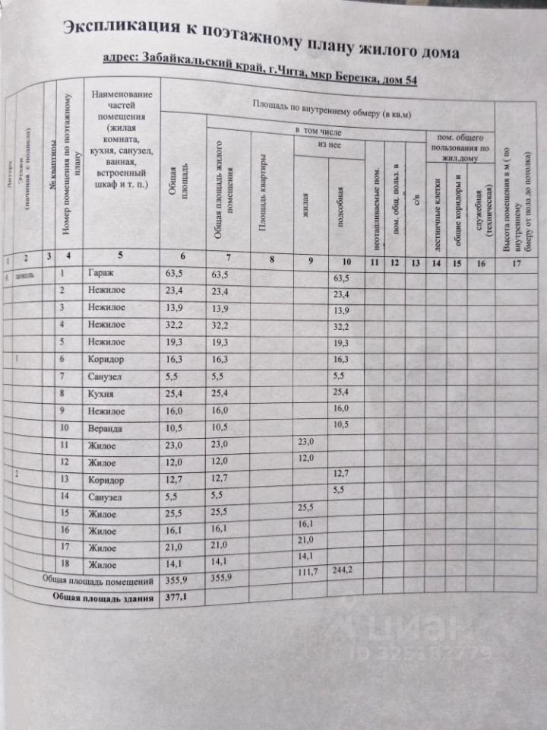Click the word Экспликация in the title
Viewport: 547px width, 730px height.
[x=121, y=28]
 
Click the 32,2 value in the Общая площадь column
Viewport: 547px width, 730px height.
[x=175, y=325]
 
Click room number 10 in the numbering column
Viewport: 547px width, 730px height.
[x=65, y=427]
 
